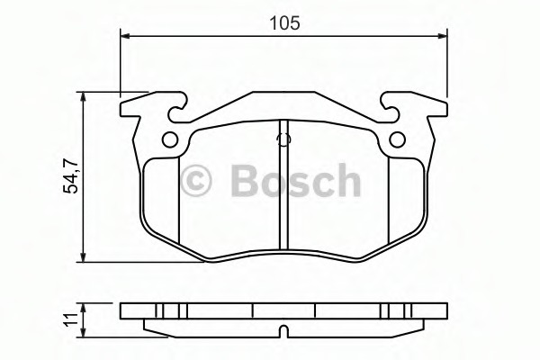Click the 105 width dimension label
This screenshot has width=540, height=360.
tap(284, 23)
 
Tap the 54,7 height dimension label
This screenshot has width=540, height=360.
tap(72, 176)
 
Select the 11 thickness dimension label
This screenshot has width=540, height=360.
tap(71, 320)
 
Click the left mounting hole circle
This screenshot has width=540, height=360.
tap(170, 139)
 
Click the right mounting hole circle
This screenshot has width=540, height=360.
tap(398, 139)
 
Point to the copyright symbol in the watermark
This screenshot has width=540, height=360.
tap(196, 181)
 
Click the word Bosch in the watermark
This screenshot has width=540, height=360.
tap(295, 180)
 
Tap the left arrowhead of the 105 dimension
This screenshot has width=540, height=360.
tap(126, 36)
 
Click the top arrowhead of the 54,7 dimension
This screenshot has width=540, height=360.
tap(83, 97)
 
